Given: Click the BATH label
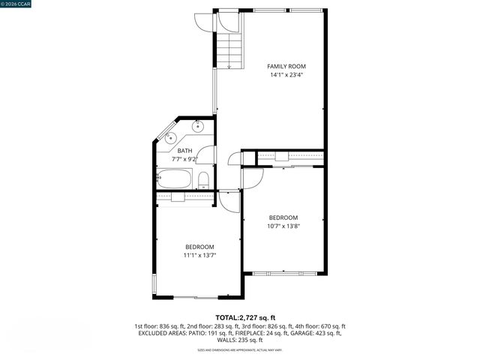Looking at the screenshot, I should pos(184,151).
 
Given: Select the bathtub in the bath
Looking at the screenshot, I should pos(175,179).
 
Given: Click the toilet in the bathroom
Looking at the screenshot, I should pos(203,178).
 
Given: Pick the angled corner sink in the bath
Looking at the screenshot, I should pos(170,137).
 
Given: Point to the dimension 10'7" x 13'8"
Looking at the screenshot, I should pos(283,226).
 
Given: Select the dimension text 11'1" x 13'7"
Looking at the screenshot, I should pos(200,256).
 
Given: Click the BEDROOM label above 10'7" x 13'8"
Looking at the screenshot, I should pos(283,217).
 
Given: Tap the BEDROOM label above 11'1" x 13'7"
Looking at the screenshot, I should pos(200,247).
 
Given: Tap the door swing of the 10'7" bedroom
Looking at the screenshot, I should pos(253,177).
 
